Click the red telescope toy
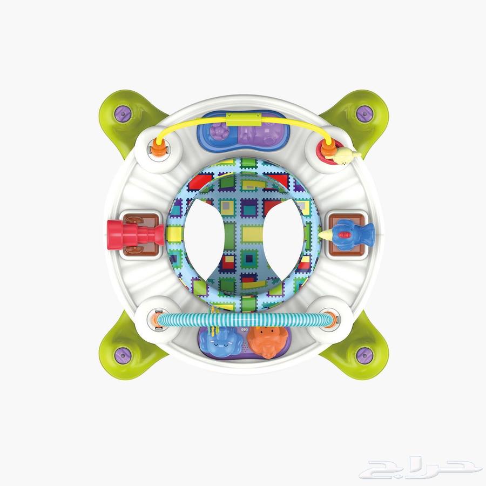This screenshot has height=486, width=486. point(135,235)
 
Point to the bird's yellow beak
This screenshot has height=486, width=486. point(326,235)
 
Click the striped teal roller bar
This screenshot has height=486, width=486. point(242,319)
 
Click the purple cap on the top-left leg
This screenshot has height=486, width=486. point(123,114)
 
